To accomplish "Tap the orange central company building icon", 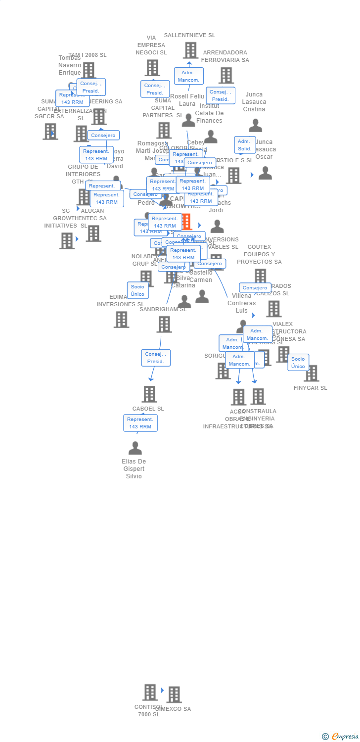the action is pos(186,222).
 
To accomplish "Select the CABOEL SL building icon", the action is pos(149,394).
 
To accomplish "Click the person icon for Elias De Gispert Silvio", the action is pos(135,448).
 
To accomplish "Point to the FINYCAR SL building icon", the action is pos(312,373).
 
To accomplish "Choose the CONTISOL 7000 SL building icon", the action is pos(150,692).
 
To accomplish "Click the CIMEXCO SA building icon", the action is pos(174,695).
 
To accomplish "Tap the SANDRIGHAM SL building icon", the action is pos(164,325).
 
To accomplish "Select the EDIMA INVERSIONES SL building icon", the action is pos(121,320).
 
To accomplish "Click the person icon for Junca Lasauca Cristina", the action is pos(256,126).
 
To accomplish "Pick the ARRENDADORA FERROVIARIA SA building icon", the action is pos(226,75).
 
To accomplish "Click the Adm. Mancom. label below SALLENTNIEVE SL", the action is pos(188,76).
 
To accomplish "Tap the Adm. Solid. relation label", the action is pos(244,145).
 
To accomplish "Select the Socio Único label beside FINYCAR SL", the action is pos(298,363).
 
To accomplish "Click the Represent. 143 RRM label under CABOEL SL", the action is pos(140,423).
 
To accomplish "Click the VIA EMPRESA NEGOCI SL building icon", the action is pos(152,68).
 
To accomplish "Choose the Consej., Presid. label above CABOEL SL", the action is pos(156,358).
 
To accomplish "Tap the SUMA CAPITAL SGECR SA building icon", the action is pos(50,132).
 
